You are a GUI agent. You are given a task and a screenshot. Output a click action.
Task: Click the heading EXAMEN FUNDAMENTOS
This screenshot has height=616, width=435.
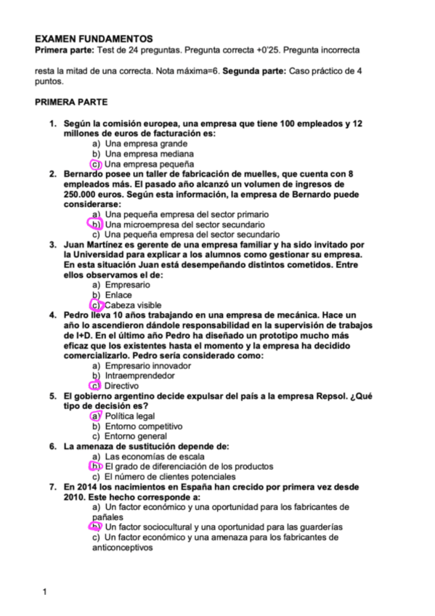click(94, 38)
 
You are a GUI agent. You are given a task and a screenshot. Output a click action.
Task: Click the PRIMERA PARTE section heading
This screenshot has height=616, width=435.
click(71, 102)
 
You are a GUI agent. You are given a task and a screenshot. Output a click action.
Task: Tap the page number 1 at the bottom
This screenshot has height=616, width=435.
click(44, 592)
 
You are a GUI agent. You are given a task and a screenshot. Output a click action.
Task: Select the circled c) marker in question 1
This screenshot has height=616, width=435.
click(95, 164)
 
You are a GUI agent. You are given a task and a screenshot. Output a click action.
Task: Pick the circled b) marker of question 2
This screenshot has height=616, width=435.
click(95, 225)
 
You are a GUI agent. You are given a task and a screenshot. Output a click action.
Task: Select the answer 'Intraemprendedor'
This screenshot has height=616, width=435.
click(139, 376)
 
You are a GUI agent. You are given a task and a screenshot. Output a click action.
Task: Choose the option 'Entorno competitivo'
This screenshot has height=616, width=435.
click(143, 426)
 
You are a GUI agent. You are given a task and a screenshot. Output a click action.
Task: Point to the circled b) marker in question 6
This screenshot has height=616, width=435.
click(95, 466)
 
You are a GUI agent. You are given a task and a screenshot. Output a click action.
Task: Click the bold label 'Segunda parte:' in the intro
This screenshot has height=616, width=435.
click(253, 72)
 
